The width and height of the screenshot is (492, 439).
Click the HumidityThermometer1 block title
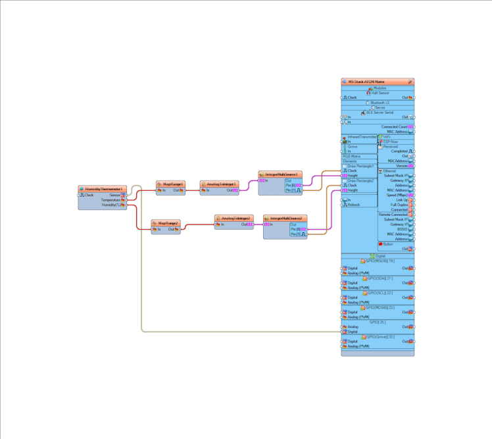(x=103, y=189)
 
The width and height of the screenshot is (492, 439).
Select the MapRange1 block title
(x=173, y=184)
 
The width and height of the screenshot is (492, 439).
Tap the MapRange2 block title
(x=168, y=223)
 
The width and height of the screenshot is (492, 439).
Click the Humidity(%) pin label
(x=112, y=205)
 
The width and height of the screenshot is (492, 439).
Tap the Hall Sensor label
(x=380, y=93)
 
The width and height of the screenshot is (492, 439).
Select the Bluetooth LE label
(x=380, y=103)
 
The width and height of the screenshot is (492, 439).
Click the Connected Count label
(x=394, y=126)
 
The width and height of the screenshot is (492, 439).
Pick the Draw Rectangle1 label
(x=360, y=166)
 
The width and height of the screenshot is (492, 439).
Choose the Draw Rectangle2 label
(x=360, y=180)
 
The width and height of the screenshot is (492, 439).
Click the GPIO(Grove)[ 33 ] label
(x=380, y=337)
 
